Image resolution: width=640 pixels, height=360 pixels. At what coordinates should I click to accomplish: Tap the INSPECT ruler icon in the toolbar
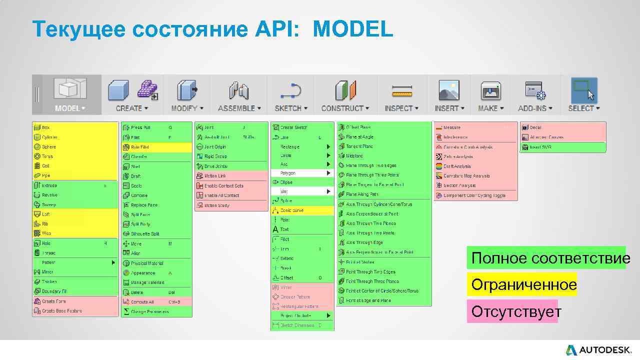pos(401,91)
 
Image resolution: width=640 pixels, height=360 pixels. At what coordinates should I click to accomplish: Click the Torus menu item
pos(47,156)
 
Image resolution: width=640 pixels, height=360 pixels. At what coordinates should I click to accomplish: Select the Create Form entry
pos(53,301)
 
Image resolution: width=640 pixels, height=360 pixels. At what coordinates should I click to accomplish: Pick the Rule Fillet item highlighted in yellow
pos(139,147)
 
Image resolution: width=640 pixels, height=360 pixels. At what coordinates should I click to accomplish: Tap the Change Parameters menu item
pos(149,312)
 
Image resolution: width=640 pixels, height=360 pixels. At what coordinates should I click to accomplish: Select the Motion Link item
pos(215,176)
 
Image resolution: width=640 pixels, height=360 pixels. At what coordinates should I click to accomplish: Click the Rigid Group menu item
pos(215,156)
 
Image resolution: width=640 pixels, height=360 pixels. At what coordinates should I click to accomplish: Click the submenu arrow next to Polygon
pos(328,173)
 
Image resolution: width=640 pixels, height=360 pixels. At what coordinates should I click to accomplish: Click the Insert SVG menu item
pos(541,147)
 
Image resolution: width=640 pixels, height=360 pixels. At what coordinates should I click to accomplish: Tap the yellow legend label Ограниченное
pos(523,285)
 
